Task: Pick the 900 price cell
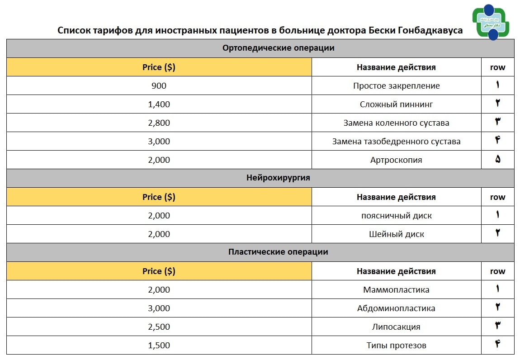(159, 85)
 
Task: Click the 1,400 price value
(159, 104)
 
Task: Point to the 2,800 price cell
(159, 123)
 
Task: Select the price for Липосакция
(159, 327)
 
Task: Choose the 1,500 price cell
(159, 345)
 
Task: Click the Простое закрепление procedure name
(396, 85)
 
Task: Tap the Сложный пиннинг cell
(396, 104)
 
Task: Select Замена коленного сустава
(396, 123)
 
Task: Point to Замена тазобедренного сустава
(396, 141)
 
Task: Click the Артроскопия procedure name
(396, 160)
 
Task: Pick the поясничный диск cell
(396, 215)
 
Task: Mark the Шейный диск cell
(396, 234)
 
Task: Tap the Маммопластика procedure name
(396, 289)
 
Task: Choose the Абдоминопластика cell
(396, 308)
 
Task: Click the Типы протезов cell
(396, 345)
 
